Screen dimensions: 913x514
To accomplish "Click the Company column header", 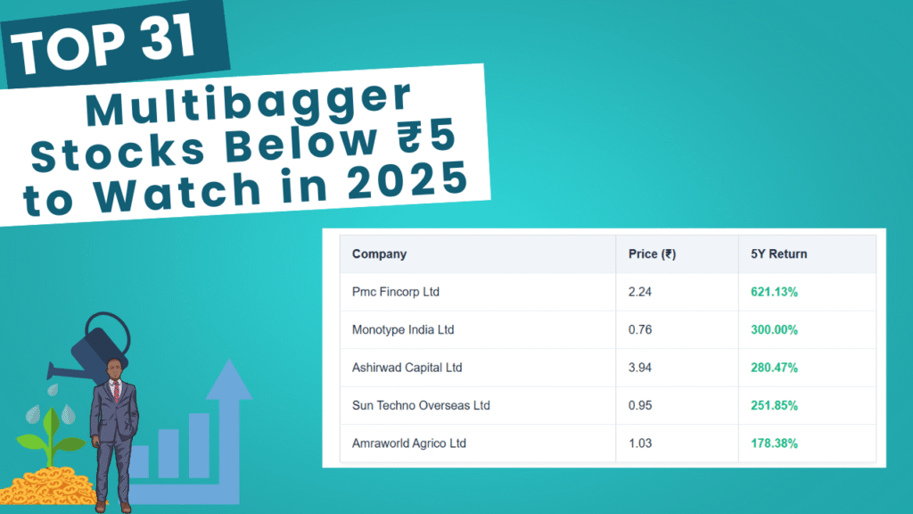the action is click(x=379, y=254).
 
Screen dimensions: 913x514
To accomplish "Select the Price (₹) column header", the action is click(x=652, y=254).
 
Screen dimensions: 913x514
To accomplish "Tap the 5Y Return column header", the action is click(x=778, y=254).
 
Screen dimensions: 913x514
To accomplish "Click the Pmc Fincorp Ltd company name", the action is click(x=395, y=292).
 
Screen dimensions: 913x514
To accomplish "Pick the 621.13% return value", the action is click(x=774, y=292).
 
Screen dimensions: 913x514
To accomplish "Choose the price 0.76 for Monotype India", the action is click(x=640, y=330).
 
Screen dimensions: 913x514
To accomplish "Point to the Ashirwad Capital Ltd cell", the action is click(x=407, y=368).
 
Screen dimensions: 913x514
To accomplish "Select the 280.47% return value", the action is click(x=774, y=368).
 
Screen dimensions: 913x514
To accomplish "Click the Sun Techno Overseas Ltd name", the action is click(x=421, y=406).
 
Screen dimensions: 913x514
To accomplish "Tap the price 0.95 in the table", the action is click(x=640, y=406).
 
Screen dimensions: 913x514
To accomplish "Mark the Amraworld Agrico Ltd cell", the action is click(x=408, y=444).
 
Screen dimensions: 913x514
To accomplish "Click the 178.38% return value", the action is click(x=774, y=444).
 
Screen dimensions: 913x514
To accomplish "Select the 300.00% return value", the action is click(x=774, y=330).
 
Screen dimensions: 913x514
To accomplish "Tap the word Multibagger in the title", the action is click(x=250, y=105).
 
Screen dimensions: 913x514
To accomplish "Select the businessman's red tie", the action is click(x=117, y=391).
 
